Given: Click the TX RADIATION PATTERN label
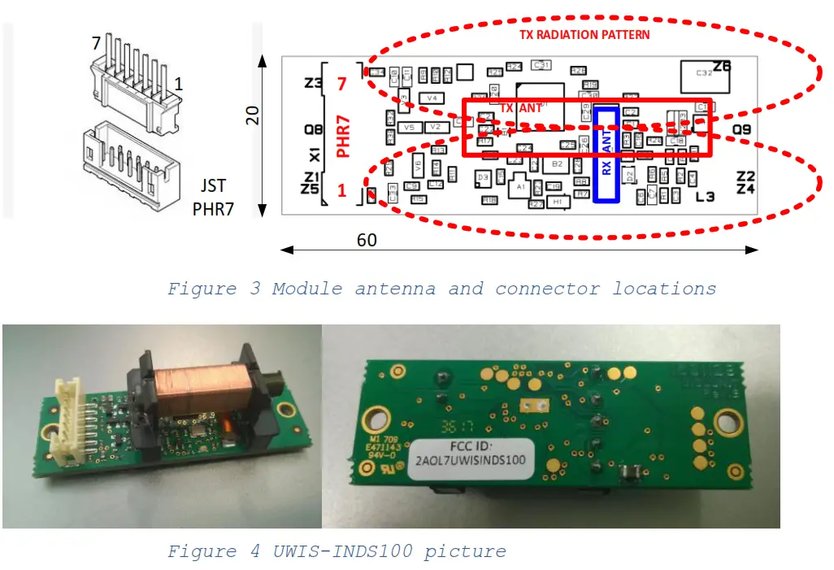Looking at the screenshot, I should tap(584, 35).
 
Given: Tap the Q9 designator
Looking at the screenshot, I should tap(741, 128).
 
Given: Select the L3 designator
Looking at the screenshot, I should tap(705, 197).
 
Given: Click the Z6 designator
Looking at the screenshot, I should tap(722, 66).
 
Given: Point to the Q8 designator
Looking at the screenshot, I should tap(312, 128).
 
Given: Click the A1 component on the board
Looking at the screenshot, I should tap(519, 188).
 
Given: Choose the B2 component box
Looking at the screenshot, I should tap(557, 163).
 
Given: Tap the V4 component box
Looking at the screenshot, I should tap(432, 98).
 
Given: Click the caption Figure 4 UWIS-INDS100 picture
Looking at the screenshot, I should tap(337, 551).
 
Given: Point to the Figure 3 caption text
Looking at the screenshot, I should tap(441, 289).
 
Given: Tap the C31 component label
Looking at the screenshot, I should tap(541, 64).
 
